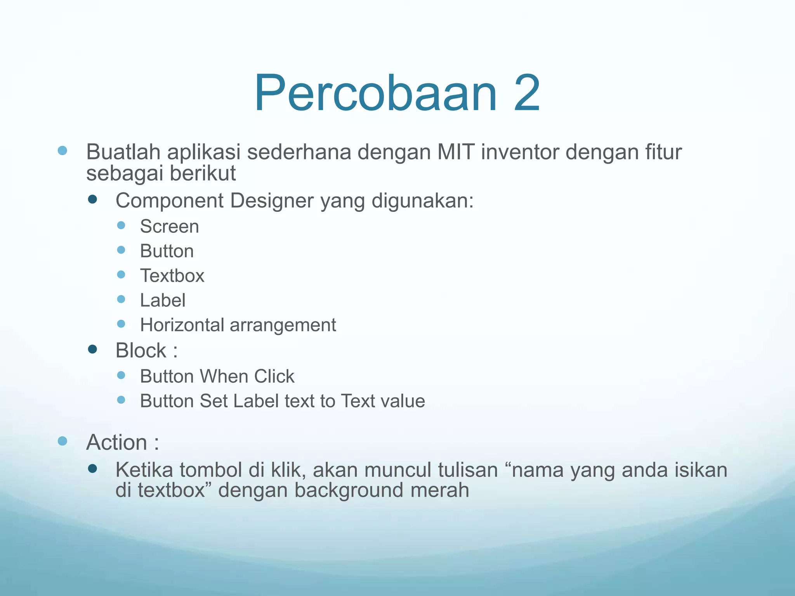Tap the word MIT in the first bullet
tap(455, 152)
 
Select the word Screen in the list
tap(169, 227)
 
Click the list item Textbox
tap(172, 276)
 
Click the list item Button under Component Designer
tap(167, 251)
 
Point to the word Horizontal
tap(182, 325)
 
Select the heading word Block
tap(141, 351)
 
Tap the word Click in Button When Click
tap(274, 376)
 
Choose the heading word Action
tap(117, 443)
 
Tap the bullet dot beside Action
tap(62, 441)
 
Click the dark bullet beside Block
tap(92, 350)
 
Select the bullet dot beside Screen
tap(121, 225)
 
